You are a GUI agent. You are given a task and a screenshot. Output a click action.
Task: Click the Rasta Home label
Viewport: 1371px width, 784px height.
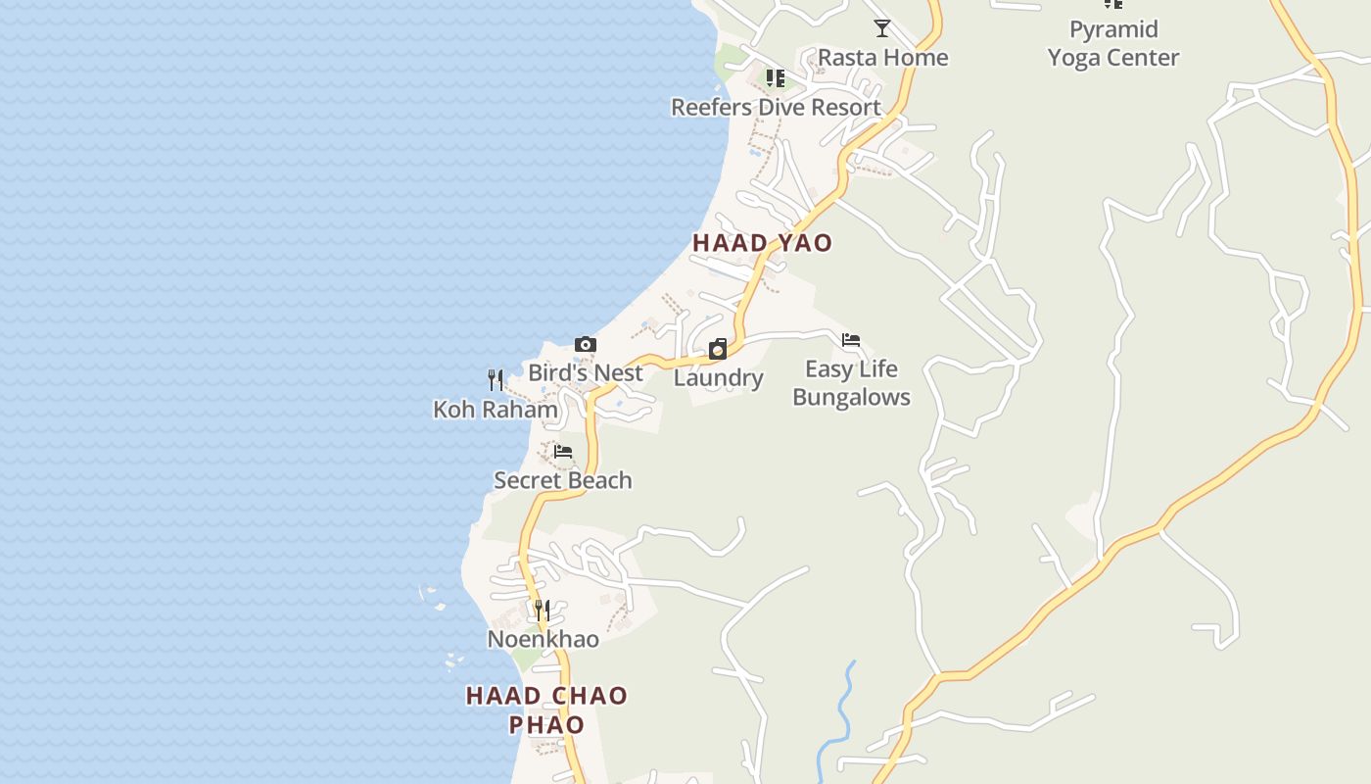point(882,58)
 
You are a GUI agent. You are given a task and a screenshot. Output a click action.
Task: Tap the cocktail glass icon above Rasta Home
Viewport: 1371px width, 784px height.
point(882,28)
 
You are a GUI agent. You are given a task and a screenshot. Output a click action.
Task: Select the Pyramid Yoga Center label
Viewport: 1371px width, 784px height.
point(1113,44)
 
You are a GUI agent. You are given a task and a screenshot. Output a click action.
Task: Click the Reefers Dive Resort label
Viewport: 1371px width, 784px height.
point(776,107)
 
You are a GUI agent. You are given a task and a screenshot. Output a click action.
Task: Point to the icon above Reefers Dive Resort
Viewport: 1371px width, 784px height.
point(776,78)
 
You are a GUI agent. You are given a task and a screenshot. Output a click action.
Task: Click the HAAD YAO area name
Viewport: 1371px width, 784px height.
point(762,243)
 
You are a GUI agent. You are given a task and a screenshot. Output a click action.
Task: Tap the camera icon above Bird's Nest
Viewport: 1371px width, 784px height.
point(586,344)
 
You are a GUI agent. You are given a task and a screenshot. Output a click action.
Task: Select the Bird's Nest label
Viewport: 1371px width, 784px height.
point(586,373)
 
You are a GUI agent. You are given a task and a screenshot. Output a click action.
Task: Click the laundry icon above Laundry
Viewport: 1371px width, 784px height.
point(718,349)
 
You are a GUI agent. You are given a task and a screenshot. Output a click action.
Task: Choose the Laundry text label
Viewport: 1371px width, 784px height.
point(718,378)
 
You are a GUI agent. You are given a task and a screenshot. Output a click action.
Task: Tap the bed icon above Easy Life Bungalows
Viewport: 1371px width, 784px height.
point(851,340)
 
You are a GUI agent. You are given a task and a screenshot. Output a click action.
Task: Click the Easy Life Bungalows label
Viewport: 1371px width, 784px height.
point(851,383)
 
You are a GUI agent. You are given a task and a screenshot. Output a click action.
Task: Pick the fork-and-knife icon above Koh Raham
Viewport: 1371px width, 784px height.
point(496,380)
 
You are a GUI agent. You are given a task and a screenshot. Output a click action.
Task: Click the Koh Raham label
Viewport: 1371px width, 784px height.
point(496,410)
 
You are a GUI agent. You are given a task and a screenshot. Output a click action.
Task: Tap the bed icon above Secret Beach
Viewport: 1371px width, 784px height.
point(563,452)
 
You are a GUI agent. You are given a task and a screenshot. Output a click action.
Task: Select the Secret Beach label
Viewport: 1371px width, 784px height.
point(563,481)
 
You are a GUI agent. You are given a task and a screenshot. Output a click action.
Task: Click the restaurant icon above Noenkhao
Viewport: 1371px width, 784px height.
point(543,611)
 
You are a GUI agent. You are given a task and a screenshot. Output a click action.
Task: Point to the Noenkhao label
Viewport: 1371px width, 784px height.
point(543,640)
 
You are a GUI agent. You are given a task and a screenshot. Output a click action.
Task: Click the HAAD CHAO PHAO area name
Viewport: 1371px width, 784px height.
point(546,710)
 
